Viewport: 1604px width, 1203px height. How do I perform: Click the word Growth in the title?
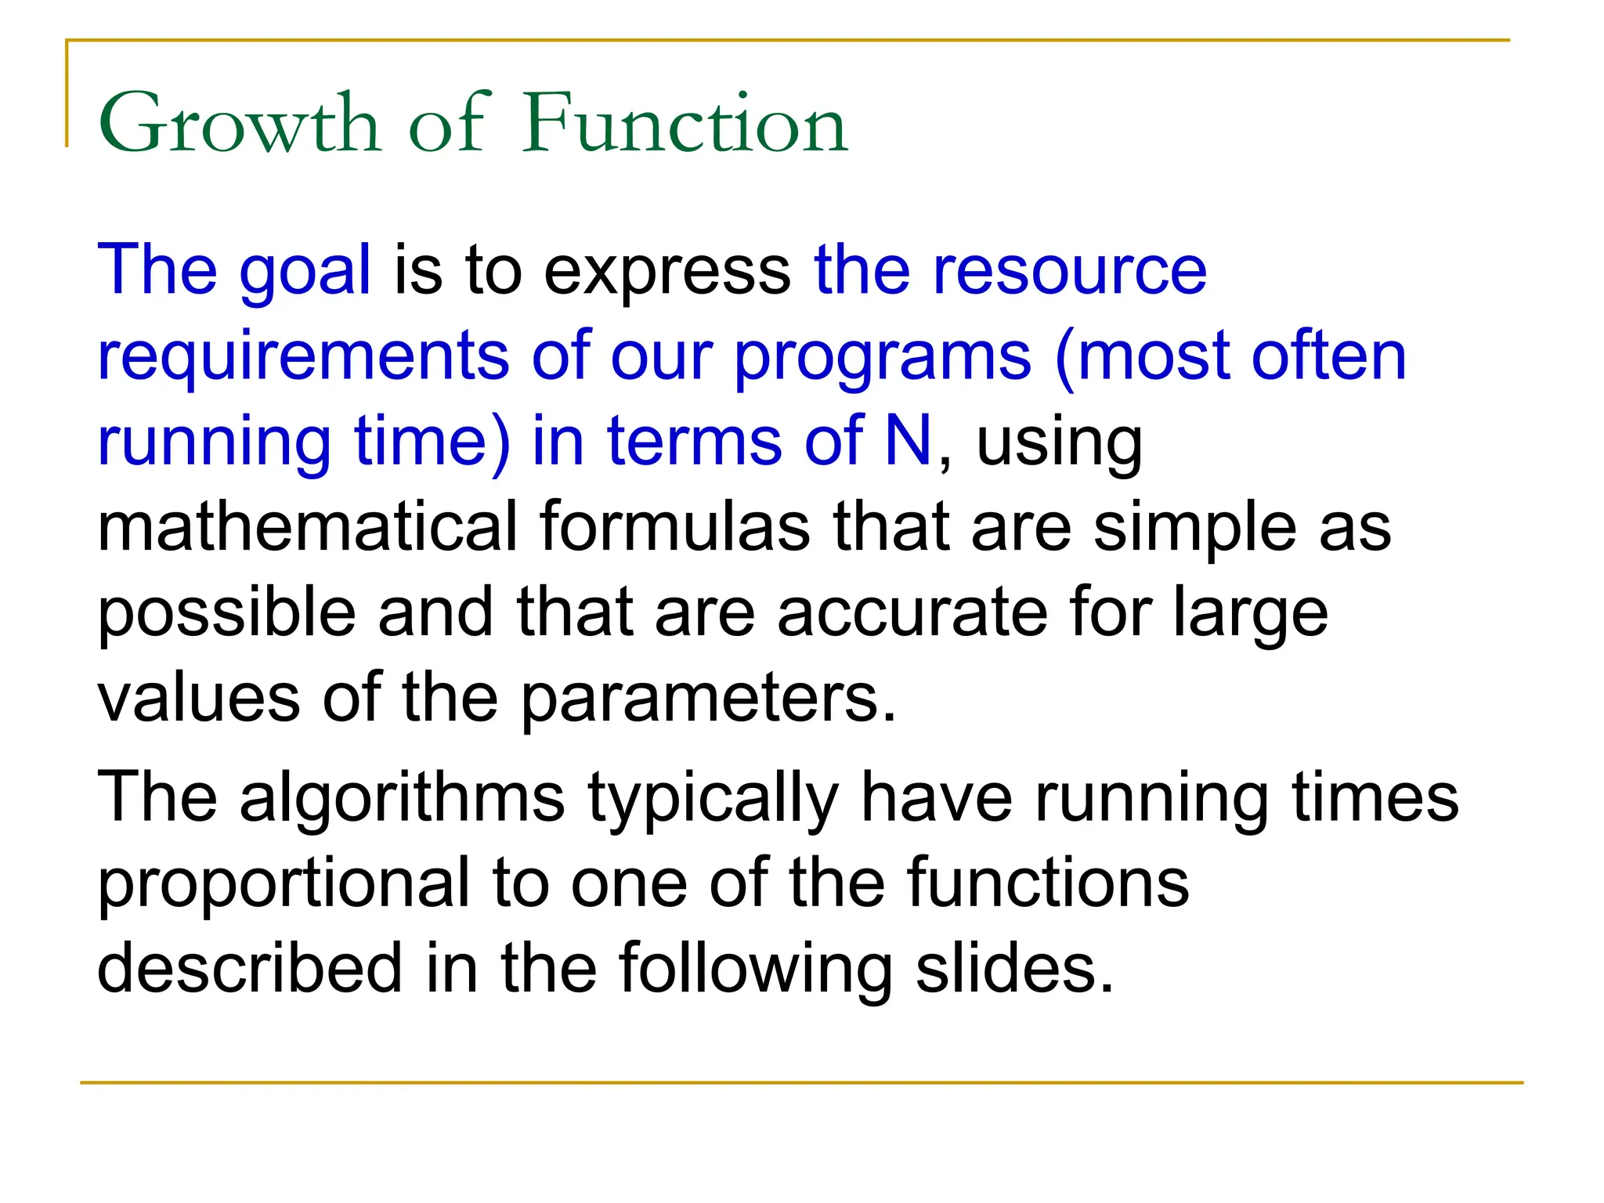coord(239,124)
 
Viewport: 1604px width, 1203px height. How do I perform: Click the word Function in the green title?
coord(685,124)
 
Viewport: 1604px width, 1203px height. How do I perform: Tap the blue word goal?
coord(305,272)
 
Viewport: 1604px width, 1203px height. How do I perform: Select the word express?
coord(667,272)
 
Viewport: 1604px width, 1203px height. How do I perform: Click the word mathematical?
coord(307,526)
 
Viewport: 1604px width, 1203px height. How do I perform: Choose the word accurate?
coord(912,612)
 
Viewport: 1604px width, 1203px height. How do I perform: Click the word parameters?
coord(708,699)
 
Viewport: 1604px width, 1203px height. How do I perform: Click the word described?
coord(250,968)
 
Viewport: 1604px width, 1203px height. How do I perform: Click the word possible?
coord(226,612)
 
